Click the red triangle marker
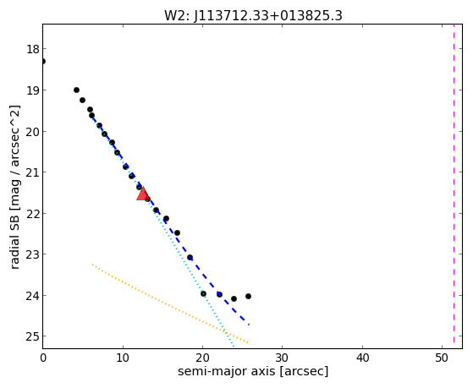(x=142, y=194)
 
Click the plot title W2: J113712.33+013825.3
(x=253, y=16)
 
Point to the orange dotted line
(x=170, y=303)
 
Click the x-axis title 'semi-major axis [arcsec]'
(x=253, y=371)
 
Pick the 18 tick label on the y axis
(x=32, y=49)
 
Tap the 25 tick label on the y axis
(x=32, y=336)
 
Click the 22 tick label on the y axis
(x=32, y=213)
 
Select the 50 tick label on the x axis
(x=442, y=358)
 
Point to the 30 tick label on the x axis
(x=282, y=358)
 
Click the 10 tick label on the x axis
(x=123, y=358)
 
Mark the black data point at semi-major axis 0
(x=43, y=61)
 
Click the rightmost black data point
(x=248, y=297)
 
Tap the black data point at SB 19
(x=76, y=90)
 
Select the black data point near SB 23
(x=190, y=258)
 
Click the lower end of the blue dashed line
(x=249, y=325)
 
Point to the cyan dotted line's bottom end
(x=234, y=347)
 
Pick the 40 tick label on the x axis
(x=362, y=358)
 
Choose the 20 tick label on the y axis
(x=32, y=131)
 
